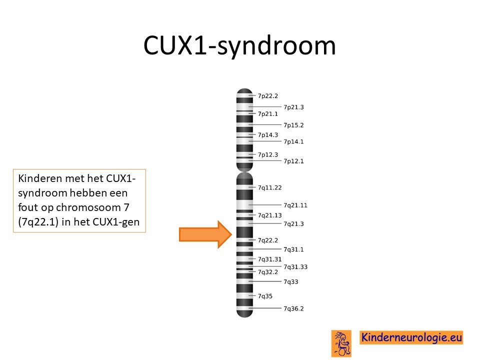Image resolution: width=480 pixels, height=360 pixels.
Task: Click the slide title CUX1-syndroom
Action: click(239, 46)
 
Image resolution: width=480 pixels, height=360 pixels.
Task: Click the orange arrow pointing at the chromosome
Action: click(205, 234)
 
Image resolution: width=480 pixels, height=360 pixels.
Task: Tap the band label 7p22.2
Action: click(268, 96)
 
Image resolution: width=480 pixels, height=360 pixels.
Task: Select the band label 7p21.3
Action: click(293, 107)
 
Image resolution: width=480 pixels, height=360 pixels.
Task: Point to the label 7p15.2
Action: click(293, 125)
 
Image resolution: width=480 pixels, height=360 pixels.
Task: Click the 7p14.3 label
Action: click(268, 135)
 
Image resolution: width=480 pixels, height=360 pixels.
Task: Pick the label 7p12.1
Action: click(293, 161)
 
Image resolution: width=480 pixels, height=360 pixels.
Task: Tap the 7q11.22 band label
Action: click(269, 187)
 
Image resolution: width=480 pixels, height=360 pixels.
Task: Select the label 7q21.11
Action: click(295, 205)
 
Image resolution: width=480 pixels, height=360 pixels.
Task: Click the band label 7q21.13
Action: click(269, 215)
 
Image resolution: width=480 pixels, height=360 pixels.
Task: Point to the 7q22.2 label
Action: click(268, 240)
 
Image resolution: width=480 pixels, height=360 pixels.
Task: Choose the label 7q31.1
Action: click(293, 249)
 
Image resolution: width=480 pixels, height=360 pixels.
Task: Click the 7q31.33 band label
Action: click(295, 267)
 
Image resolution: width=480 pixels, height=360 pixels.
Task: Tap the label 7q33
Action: click(291, 282)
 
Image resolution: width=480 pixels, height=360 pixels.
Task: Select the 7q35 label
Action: click(265, 296)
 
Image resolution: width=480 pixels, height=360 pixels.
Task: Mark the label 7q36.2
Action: click(293, 308)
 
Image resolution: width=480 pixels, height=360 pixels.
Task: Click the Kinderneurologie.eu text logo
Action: click(411, 337)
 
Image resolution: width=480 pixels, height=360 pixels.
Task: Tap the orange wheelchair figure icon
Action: click(341, 343)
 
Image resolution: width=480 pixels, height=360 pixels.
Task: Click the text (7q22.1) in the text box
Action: click(38, 222)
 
